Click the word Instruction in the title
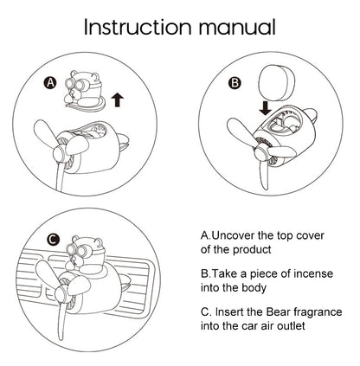138,27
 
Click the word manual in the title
237,27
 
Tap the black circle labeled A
50,83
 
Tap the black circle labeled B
235,83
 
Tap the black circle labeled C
53,240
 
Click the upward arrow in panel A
117,100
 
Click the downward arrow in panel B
265,108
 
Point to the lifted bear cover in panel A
84,90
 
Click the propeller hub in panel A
60,152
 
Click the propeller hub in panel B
261,151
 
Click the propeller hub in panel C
61,294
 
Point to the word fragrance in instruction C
318,312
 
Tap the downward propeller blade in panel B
264,173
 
